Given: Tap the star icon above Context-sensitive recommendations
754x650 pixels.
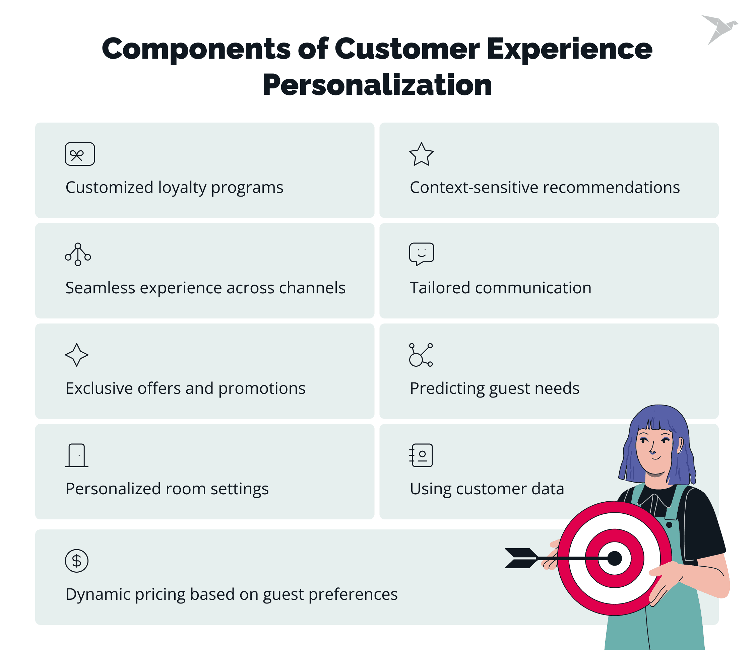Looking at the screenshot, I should [421, 155].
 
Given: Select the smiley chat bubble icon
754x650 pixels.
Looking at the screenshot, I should [421, 254].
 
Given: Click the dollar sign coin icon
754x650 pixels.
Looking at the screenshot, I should [76, 561].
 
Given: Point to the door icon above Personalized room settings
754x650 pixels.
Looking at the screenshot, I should [77, 455].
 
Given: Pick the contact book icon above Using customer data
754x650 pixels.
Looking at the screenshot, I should [421, 455].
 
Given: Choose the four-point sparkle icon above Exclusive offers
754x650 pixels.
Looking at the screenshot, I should [76, 355].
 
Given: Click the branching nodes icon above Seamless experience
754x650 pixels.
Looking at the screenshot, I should [78, 254].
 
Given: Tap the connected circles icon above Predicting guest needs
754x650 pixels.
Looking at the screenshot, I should [421, 355].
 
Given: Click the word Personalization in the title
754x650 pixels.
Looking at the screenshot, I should [377, 85].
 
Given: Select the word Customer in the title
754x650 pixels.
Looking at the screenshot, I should [407, 49].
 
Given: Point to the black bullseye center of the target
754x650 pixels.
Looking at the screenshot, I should [615, 558].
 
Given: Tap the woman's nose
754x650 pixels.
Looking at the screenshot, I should [652, 451].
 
